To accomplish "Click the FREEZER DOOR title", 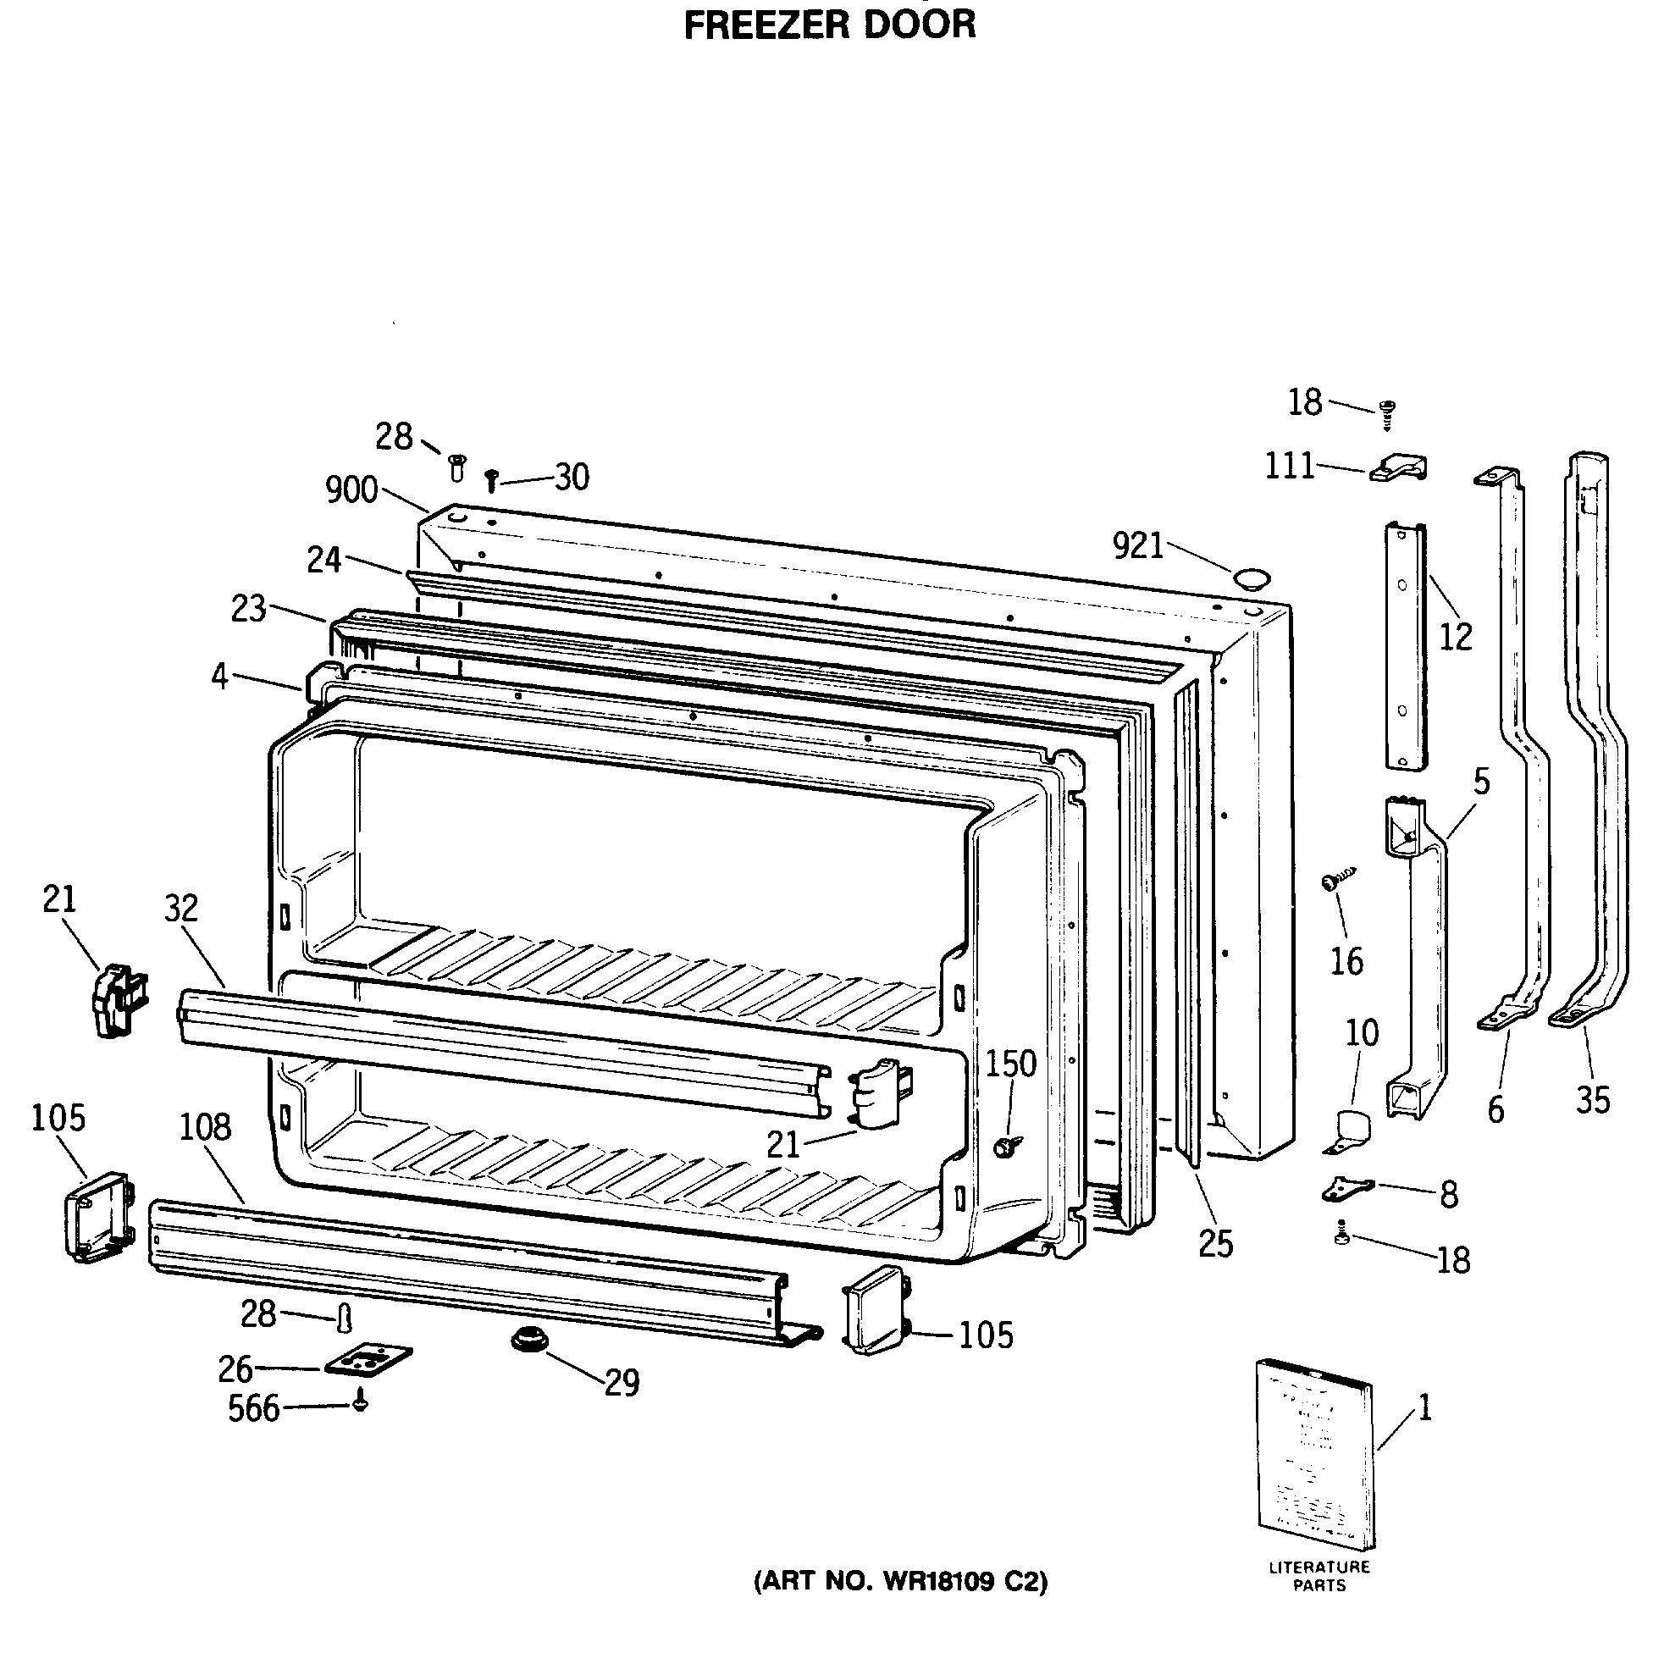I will click(829, 24).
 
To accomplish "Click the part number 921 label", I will click(1138, 545).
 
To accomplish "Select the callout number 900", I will click(351, 490).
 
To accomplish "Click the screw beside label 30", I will click(491, 480).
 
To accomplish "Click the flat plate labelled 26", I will click(368, 1358).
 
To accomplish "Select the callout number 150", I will click(1010, 1064).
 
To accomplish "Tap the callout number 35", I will click(1593, 1100).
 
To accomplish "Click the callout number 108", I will click(205, 1127).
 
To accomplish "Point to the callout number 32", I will click(181, 908).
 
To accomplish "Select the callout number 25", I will click(1216, 1244).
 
